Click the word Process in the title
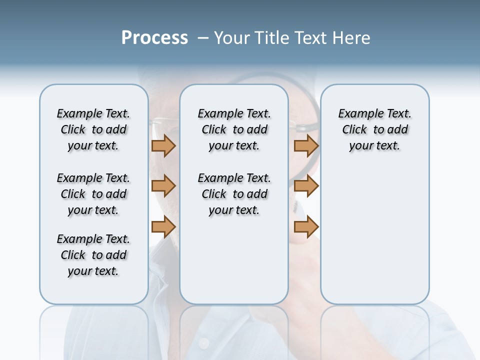click(154, 38)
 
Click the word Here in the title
click(351, 38)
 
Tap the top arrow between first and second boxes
click(163, 146)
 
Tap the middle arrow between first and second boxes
click(163, 186)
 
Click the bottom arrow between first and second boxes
click(163, 227)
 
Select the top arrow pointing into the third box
click(306, 146)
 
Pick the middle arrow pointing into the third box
click(306, 186)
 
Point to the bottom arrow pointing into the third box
click(306, 227)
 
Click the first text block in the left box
click(93, 129)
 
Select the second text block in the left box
click(93, 194)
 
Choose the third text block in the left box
click(93, 255)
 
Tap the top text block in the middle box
click(234, 129)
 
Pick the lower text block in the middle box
click(234, 194)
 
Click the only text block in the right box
click(374, 129)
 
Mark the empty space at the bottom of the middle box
click(234, 265)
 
